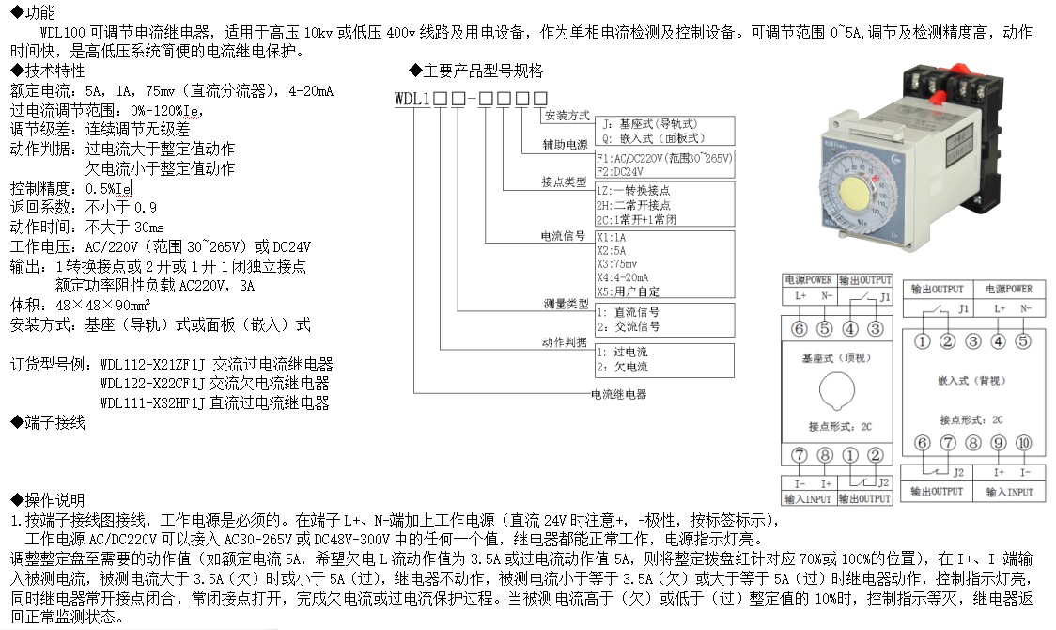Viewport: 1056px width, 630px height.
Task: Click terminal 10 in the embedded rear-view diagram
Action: tap(1024, 443)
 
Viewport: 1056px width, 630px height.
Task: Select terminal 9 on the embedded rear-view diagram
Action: tap(999, 443)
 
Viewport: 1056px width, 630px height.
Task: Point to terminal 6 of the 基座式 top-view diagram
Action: tap(799, 328)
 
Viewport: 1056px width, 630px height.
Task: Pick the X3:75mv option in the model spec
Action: tap(616, 264)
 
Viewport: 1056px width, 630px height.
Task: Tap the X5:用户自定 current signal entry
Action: tap(628, 291)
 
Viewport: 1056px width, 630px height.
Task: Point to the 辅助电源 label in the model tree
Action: tap(566, 145)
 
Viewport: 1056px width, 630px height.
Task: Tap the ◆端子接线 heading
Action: tap(47, 423)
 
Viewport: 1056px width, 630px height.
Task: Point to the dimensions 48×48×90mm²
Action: tap(97, 306)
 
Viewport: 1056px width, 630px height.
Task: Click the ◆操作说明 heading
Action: tap(47, 500)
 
